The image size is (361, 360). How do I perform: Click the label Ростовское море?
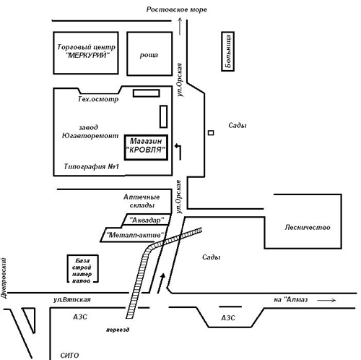177,9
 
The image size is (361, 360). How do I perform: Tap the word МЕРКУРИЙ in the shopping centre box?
87,56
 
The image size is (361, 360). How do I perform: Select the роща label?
149,55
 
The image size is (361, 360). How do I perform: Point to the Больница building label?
228,51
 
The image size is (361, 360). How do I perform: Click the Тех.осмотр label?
98,99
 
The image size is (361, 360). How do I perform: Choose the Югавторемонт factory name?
90,136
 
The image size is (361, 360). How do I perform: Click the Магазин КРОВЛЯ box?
146,147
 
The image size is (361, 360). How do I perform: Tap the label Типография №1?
92,166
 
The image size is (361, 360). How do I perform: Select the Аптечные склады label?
142,201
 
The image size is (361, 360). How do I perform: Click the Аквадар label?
147,220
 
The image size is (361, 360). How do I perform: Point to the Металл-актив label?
135,235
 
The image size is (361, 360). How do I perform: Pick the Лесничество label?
308,227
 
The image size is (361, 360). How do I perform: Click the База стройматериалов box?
83,269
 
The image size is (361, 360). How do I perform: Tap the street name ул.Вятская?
72,299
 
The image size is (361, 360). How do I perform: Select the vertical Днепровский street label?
4,278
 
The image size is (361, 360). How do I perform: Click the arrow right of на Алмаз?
326,300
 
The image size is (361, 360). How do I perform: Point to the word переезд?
118,330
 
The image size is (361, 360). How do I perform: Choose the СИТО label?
69,355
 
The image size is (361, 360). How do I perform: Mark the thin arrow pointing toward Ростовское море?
180,26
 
